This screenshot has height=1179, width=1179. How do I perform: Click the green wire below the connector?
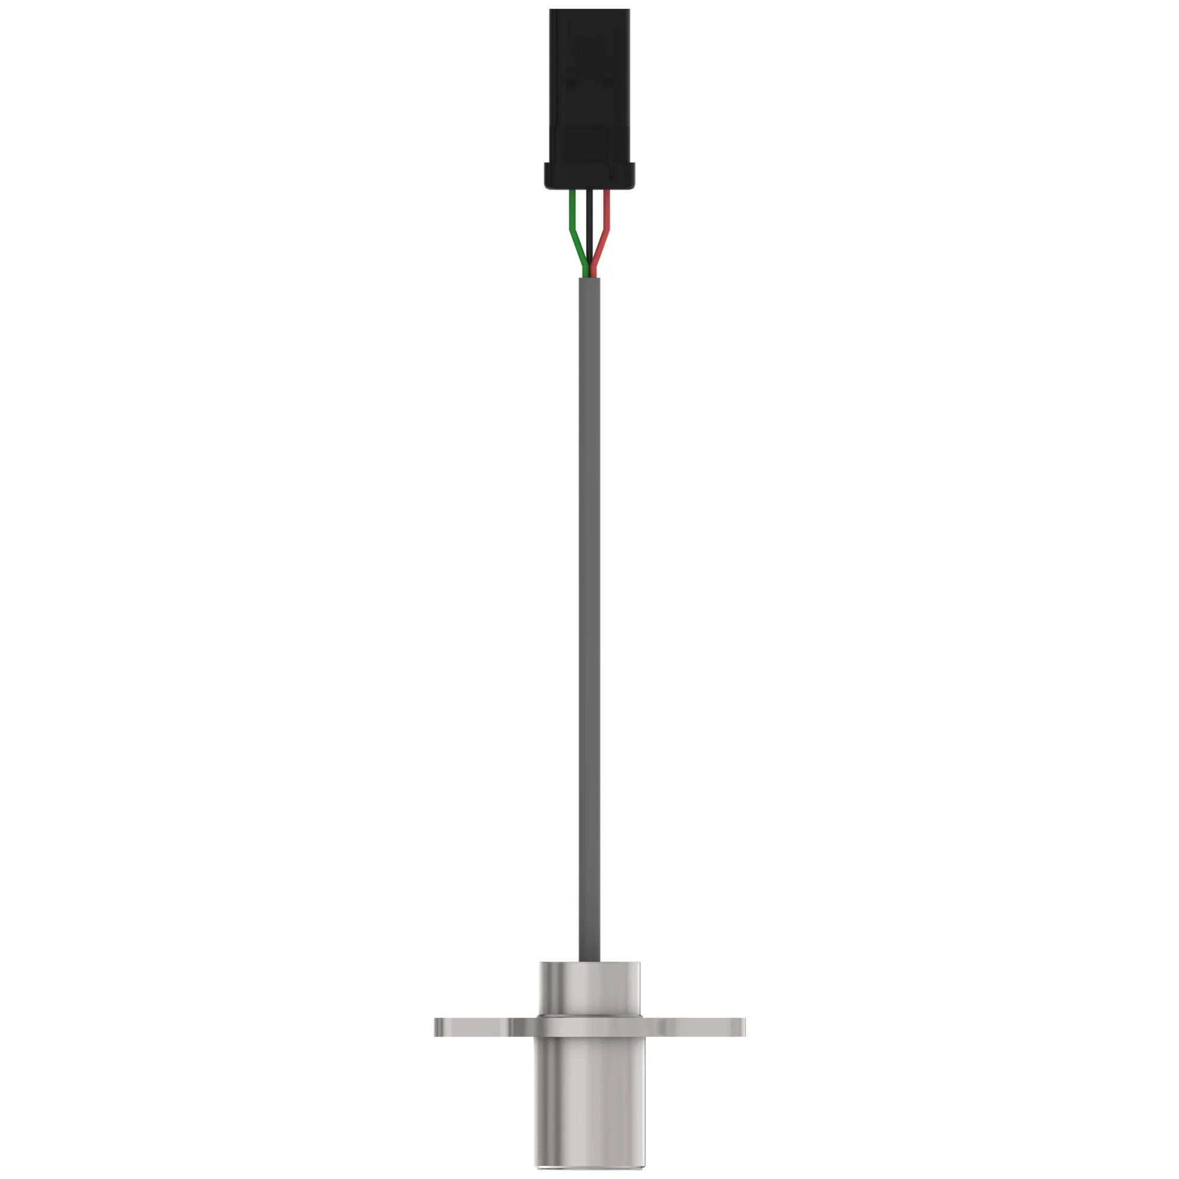[x=572, y=213]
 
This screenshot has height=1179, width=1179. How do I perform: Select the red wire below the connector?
[x=607, y=213]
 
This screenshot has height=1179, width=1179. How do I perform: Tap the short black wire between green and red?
[x=589, y=226]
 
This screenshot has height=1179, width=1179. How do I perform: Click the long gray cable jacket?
[x=589, y=610]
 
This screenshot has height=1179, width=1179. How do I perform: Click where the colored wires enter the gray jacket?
[x=589, y=278]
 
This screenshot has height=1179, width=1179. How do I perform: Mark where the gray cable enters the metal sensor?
[x=589, y=961]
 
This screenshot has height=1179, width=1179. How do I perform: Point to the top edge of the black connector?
[x=589, y=11]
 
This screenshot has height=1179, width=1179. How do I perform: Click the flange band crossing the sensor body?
[x=589, y=1027]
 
